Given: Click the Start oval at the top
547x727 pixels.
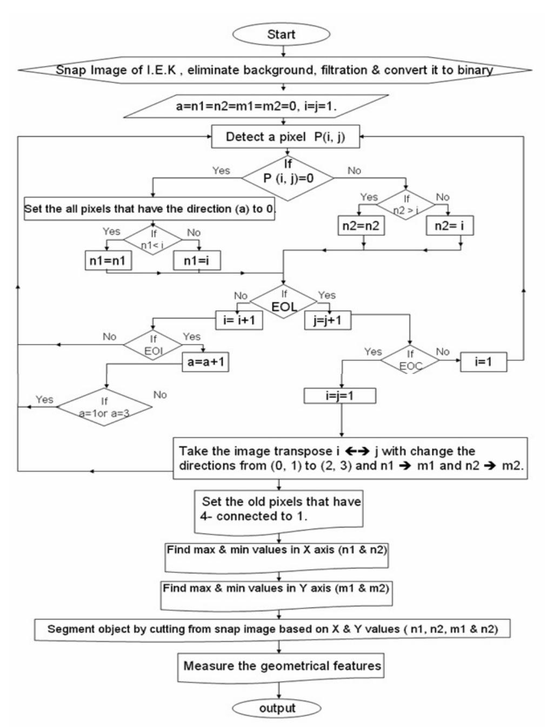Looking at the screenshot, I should click(281, 35).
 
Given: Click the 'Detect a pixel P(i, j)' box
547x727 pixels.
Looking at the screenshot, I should click(284, 137).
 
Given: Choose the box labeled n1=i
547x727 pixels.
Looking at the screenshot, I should click(196, 261).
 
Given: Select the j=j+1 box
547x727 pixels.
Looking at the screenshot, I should click(327, 320).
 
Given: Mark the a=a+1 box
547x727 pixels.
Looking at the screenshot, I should click(205, 362).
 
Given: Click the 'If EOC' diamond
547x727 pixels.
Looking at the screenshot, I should click(410, 361).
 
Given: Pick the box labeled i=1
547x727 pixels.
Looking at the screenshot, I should click(483, 362).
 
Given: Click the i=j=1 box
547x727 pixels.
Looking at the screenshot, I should click(339, 396).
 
